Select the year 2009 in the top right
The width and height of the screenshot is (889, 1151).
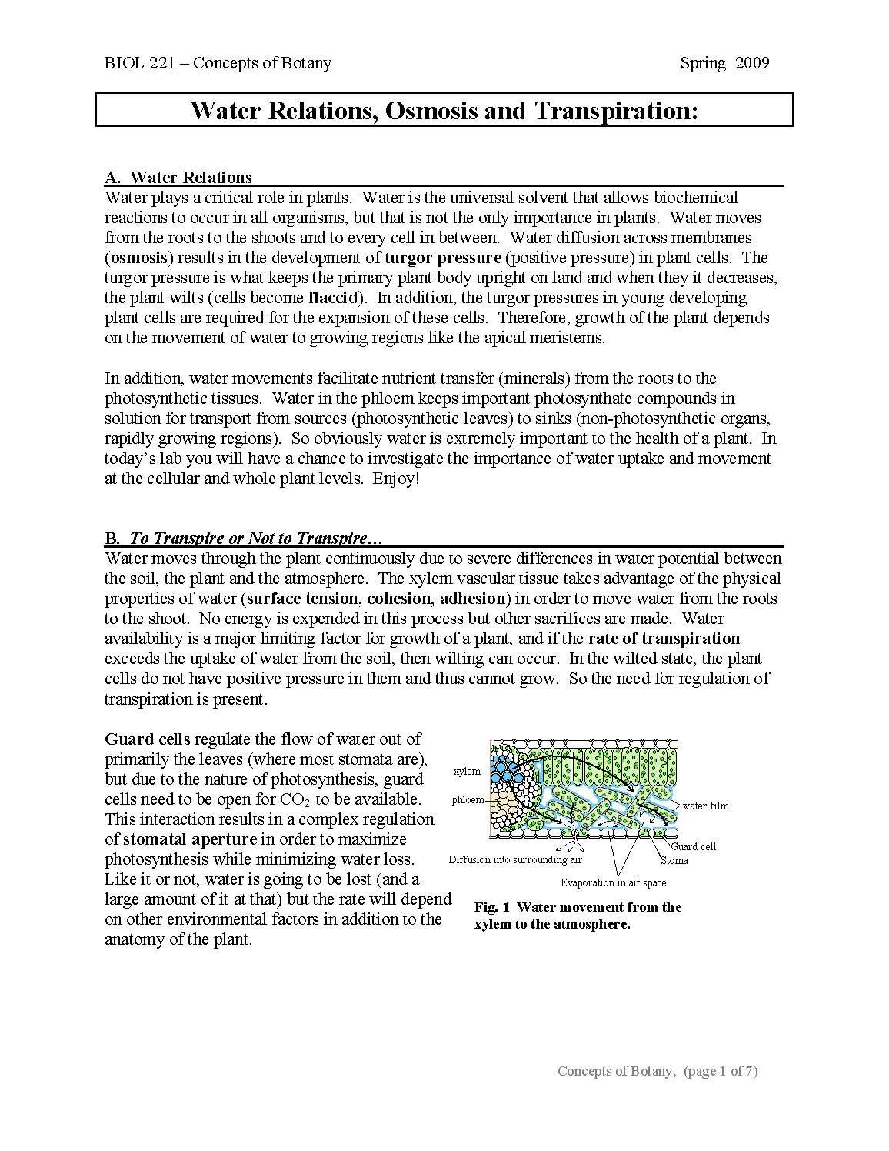752,63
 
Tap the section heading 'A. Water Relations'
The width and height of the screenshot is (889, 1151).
178,178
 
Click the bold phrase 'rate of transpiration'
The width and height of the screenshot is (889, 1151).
664,639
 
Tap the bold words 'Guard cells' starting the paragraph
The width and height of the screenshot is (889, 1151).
147,739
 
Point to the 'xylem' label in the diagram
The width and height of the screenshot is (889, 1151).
467,771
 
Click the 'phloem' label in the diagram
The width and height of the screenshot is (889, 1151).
468,799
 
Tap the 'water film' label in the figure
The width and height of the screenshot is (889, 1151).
705,806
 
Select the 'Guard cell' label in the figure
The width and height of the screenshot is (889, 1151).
693,846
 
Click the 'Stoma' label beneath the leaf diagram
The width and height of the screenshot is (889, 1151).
674,860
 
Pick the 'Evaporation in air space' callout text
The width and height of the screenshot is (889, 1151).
613,882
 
